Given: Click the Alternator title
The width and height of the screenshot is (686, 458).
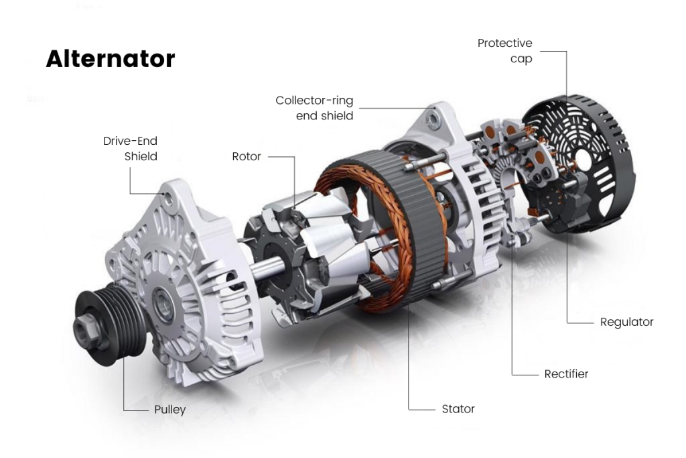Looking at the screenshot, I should [110, 59].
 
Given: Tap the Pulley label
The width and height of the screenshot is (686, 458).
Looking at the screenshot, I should [169, 409].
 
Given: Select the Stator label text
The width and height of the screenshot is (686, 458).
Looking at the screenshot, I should [458, 408].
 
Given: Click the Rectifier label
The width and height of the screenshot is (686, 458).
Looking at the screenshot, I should [566, 374].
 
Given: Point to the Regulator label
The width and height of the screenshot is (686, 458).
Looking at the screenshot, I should [626, 322].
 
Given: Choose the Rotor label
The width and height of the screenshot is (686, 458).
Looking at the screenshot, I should [247, 156].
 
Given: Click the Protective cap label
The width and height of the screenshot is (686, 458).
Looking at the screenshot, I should [505, 51].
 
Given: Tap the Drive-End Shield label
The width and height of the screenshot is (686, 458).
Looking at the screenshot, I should [130, 149].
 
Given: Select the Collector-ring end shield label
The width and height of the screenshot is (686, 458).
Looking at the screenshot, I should [314, 108].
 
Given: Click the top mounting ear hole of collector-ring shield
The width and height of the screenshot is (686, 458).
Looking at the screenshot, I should [434, 119].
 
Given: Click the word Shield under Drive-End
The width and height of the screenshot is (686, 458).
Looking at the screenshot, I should [141, 157].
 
